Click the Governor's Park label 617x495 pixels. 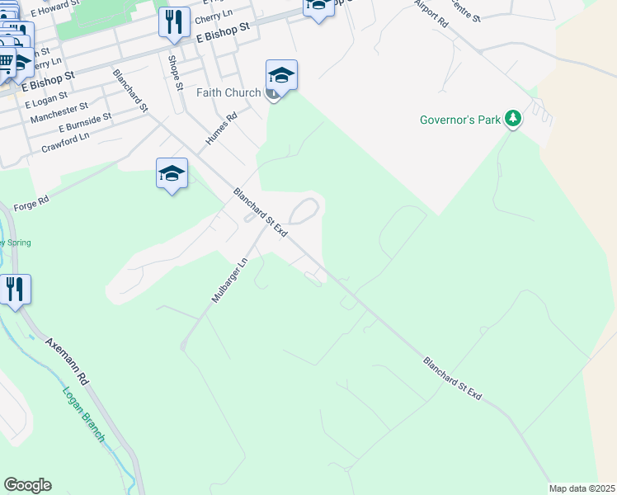(x=460, y=120)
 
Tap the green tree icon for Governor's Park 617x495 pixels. (x=513, y=120)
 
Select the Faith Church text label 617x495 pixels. (x=228, y=92)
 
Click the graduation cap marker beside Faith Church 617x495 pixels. (x=281, y=77)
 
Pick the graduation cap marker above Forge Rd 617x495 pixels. (x=172, y=174)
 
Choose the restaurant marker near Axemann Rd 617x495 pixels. (x=16, y=290)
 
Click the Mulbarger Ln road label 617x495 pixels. (x=229, y=280)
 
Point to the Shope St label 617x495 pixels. (x=174, y=68)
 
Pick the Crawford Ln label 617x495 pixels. (x=64, y=142)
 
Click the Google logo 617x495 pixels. (x=27, y=485)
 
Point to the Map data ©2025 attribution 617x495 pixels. (x=582, y=488)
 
